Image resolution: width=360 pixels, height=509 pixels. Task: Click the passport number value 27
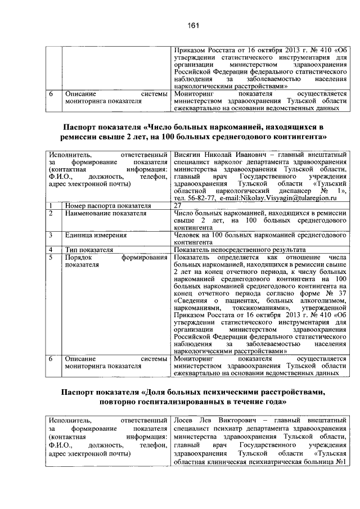[x=178, y=206]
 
